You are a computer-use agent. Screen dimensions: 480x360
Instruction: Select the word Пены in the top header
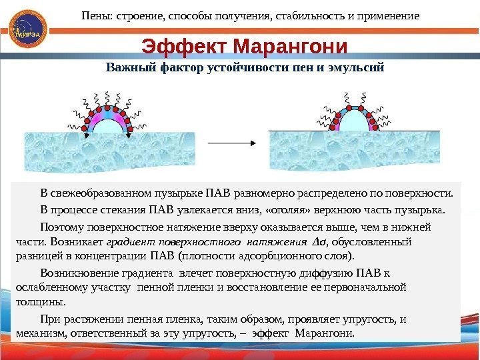click(x=95, y=14)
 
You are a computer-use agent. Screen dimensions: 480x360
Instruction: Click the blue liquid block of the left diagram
click(x=109, y=153)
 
